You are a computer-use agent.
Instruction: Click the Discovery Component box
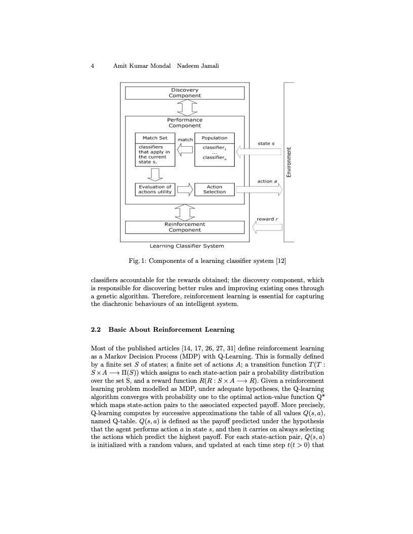tap(184, 93)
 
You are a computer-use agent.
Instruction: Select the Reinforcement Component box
tap(184, 227)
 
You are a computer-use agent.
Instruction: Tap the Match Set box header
tap(155, 138)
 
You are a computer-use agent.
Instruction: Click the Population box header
tap(214, 138)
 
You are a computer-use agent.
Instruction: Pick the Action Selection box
tap(214, 190)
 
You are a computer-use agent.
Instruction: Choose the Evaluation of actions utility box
tap(155, 190)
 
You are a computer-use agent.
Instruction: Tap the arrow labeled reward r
tap(267, 227)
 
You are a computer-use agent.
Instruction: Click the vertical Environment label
tap(289, 162)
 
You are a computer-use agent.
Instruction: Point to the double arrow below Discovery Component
tap(184, 108)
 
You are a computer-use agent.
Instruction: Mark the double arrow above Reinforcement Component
tap(184, 212)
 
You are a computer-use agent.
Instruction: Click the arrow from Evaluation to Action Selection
tap(185, 190)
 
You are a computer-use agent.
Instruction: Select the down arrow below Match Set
tap(155, 174)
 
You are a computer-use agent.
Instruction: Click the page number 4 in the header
tap(93, 66)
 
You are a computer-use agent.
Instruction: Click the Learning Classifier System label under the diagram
tap(187, 246)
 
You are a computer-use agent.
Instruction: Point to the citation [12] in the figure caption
tap(281, 261)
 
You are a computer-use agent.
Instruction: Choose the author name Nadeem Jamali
tap(198, 66)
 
